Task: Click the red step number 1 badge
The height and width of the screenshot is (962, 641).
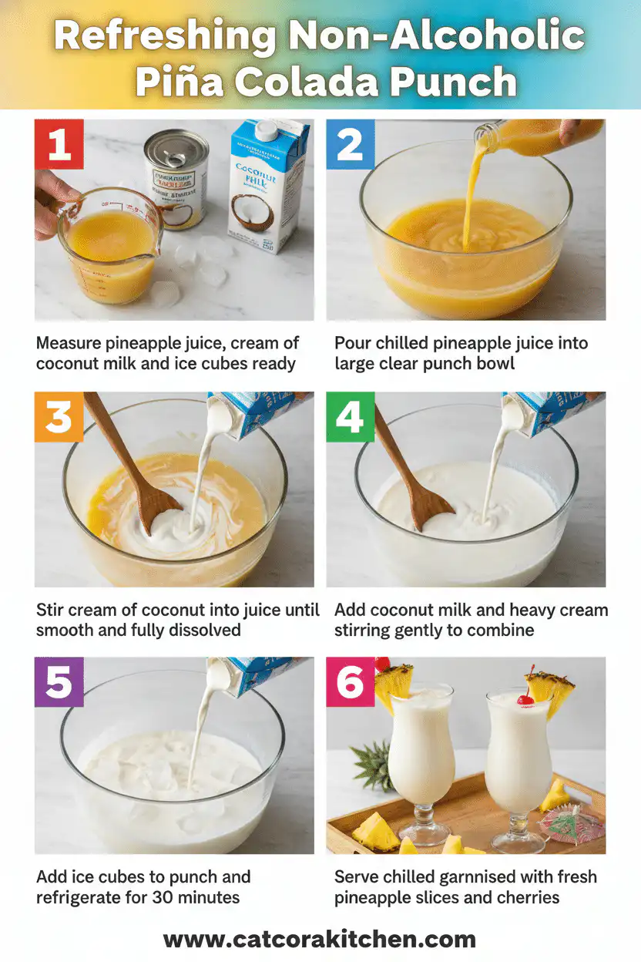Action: point(59,144)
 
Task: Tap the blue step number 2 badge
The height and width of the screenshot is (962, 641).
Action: point(351,144)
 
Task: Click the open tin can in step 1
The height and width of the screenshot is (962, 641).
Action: point(177,179)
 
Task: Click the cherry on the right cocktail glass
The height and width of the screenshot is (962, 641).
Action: point(525,700)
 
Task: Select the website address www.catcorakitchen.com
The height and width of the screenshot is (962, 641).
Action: point(320,940)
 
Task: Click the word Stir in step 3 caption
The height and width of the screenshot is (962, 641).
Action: point(52,610)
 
